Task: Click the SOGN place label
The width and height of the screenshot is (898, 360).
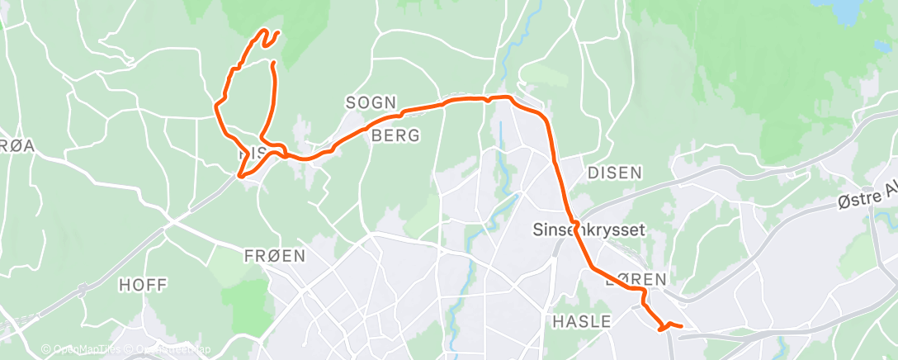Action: coord(371,102)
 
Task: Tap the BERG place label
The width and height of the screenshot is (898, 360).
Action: coord(395,135)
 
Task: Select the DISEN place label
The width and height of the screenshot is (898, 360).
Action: coord(614,173)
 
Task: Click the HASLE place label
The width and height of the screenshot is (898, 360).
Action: coord(581,320)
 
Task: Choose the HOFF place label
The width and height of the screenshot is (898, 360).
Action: coord(143,285)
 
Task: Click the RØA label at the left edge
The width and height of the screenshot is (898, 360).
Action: coord(18,145)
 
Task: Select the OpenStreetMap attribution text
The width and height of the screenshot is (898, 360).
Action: coord(169,349)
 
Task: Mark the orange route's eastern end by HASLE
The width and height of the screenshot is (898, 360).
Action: coord(680,327)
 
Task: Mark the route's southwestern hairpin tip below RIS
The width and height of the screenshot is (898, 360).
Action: coord(240,175)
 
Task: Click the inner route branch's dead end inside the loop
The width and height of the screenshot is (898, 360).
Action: coord(272,61)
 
